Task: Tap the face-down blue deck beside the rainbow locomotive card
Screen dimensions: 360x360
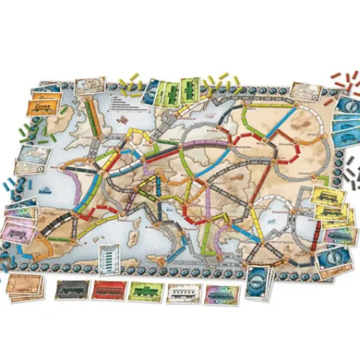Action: pos(259,279)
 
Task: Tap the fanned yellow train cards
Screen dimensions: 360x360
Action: pos(327,203)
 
